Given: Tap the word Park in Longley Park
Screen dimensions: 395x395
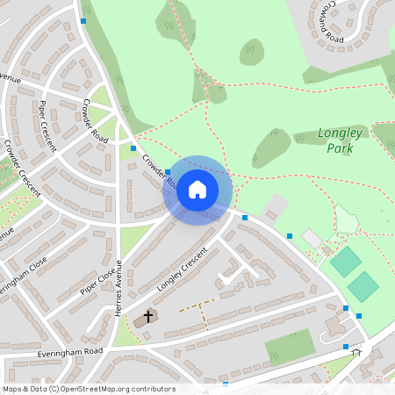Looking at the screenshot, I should [x=339, y=148].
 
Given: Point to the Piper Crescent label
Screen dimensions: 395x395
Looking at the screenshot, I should [x=47, y=126].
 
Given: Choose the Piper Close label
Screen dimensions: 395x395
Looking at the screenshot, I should [x=97, y=282].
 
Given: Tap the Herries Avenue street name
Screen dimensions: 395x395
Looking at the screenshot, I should [x=118, y=289].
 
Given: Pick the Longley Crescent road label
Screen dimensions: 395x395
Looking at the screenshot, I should [x=182, y=269].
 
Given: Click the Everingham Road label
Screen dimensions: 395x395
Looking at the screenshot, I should [x=70, y=352].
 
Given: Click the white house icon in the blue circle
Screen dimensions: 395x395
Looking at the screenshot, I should [x=197, y=190].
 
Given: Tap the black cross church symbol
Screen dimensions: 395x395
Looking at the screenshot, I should [x=147, y=316].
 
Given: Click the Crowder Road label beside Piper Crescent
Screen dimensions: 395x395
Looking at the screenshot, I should [x=95, y=121].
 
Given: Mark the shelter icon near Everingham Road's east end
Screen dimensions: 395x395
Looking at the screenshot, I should [x=356, y=352].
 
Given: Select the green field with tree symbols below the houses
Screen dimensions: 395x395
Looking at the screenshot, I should [x=290, y=347].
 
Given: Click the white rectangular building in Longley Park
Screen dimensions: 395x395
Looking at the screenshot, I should [x=312, y=238].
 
